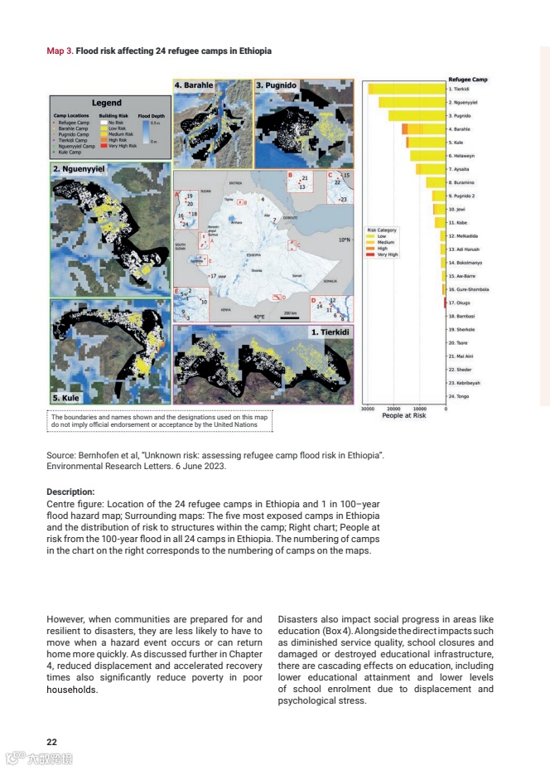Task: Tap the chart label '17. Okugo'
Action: (459, 303)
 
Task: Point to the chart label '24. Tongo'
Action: (459, 396)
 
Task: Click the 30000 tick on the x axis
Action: (369, 409)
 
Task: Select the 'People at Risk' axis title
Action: (404, 416)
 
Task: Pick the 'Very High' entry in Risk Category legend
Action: (388, 254)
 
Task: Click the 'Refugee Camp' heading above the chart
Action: (467, 80)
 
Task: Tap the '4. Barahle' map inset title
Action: (194, 85)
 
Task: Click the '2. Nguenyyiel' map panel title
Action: (79, 168)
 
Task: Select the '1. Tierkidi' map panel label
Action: (331, 332)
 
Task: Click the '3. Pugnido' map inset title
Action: (276, 85)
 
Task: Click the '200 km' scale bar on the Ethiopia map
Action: (290, 313)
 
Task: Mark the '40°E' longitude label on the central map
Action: (259, 316)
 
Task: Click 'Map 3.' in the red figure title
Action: (60, 51)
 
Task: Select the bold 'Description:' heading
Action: (70, 491)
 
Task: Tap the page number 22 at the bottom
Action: (51, 741)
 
